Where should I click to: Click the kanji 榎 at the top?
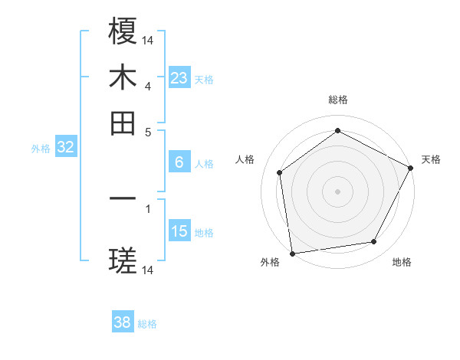click(123, 31)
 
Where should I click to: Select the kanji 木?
click(123, 77)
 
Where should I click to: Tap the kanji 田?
click(123, 123)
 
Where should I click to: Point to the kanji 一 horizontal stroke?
click(123, 198)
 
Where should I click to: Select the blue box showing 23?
click(179, 78)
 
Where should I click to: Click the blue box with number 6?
click(179, 162)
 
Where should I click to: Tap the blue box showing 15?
click(179, 231)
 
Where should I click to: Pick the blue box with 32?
click(66, 148)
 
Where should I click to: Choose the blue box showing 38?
click(123, 322)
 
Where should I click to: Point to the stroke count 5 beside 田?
click(148, 131)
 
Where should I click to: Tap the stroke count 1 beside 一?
click(148, 208)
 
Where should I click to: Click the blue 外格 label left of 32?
click(41, 149)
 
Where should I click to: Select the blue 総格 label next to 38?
click(147, 324)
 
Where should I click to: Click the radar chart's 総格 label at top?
click(337, 100)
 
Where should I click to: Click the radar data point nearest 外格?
click(292, 253)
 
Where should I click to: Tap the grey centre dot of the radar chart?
click(337, 191)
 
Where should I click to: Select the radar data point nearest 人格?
click(280, 172)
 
